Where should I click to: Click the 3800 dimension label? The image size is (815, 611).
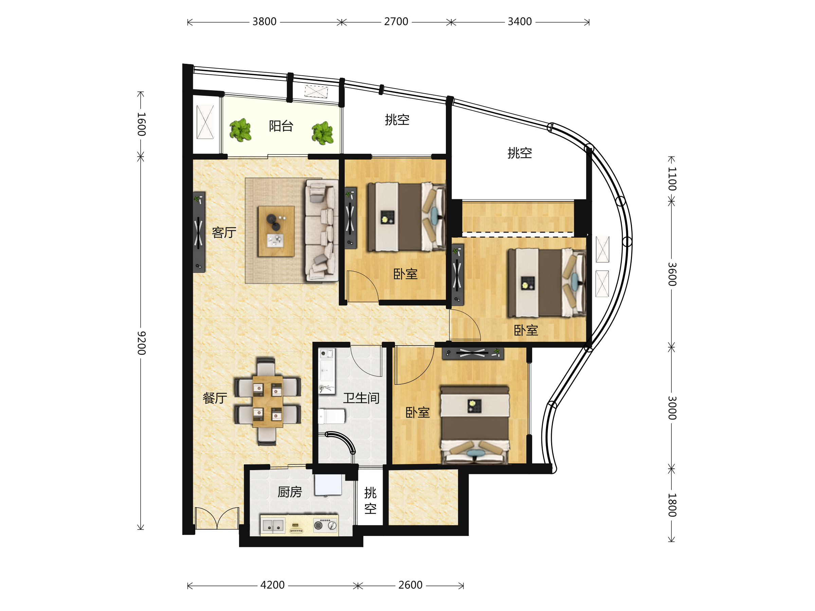pyautogui.click(x=264, y=22)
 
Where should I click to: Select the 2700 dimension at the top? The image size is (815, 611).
pyautogui.click(x=396, y=22)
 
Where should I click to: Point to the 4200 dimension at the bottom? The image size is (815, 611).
pyautogui.click(x=272, y=585)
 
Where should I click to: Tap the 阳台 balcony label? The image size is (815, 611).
pyautogui.click(x=281, y=126)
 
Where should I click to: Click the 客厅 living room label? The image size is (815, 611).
pyautogui.click(x=224, y=233)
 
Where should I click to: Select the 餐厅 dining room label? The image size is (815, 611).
pyautogui.click(x=215, y=398)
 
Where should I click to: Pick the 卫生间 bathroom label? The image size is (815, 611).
pyautogui.click(x=361, y=398)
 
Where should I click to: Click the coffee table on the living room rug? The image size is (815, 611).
pyautogui.click(x=276, y=231)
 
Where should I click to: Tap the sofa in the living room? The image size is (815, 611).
pyautogui.click(x=321, y=230)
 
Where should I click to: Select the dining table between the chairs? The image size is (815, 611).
pyautogui.click(x=268, y=402)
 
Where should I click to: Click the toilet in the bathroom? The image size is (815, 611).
pyautogui.click(x=331, y=416)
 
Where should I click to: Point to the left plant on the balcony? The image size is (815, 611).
pyautogui.click(x=240, y=130)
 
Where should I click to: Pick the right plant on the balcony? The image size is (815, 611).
pyautogui.click(x=322, y=133)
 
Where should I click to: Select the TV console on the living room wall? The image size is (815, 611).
pyautogui.click(x=199, y=232)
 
